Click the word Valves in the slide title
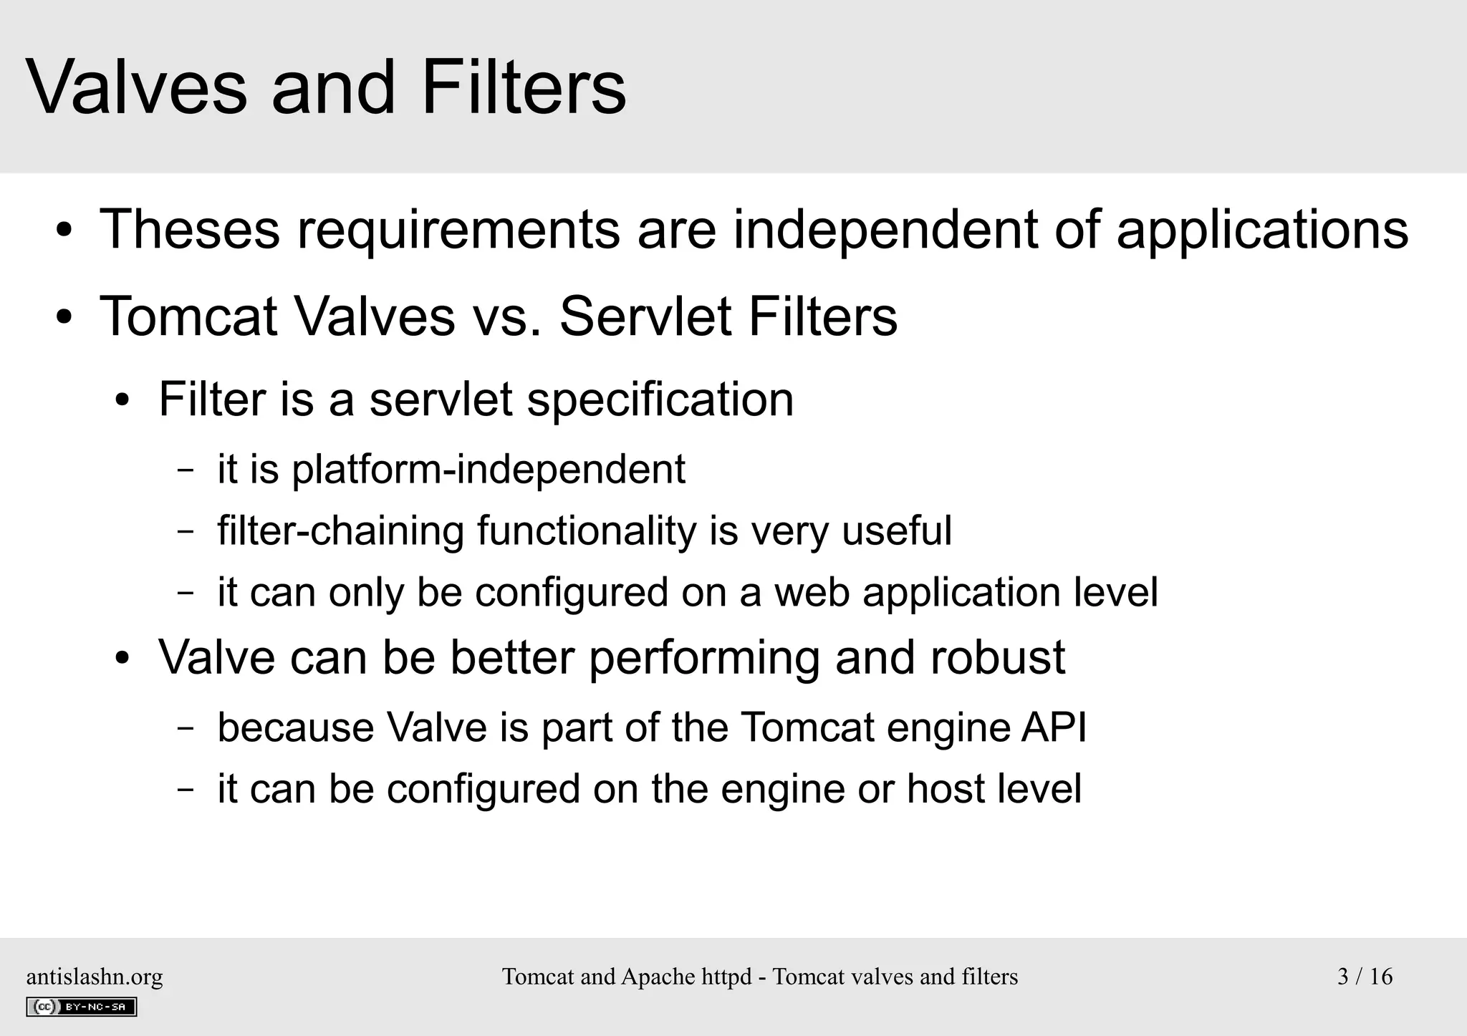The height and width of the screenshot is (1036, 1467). [136, 88]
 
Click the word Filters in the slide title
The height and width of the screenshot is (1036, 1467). [524, 88]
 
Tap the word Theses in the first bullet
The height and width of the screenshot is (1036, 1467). [190, 230]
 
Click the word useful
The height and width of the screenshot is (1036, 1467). [896, 531]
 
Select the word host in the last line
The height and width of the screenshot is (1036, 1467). [944, 789]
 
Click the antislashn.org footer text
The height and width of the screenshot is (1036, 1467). [95, 977]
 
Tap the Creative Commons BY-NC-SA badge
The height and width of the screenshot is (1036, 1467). [81, 1007]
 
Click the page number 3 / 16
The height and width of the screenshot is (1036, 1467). [1365, 977]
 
